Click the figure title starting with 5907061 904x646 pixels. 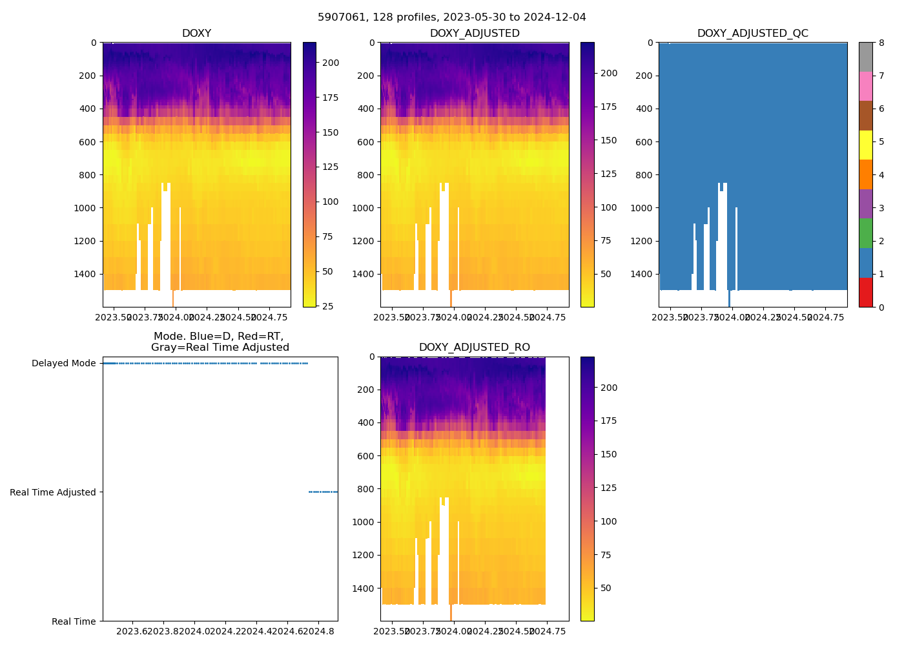pyautogui.click(x=451, y=17)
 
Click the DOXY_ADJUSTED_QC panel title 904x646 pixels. pyautogui.click(x=752, y=34)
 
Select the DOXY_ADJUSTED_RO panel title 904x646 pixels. pyautogui.click(x=474, y=348)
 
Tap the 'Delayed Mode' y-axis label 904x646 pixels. pyautogui.click(x=63, y=363)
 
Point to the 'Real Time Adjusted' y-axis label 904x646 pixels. pyautogui.click(x=52, y=492)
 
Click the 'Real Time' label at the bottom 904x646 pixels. pyautogui.click(x=74, y=621)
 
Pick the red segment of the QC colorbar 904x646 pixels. pyautogui.click(x=865, y=292)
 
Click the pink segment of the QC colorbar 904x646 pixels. pyautogui.click(x=865, y=86)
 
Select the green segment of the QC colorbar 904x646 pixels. pyautogui.click(x=865, y=233)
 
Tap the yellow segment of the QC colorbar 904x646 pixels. pyautogui.click(x=865, y=145)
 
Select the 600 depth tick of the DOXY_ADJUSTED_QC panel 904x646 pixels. pyautogui.click(x=644, y=142)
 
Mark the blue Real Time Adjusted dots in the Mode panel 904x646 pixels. pyautogui.click(x=323, y=492)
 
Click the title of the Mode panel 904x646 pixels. pyautogui.click(x=220, y=342)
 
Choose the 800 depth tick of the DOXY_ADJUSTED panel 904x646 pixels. pyautogui.click(x=365, y=175)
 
